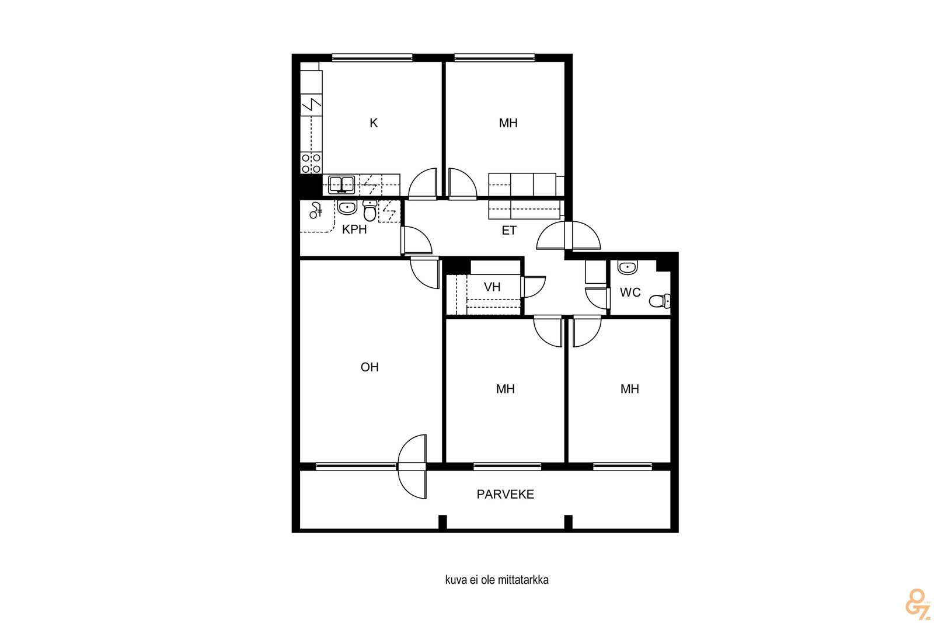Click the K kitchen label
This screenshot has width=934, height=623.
point(374,123)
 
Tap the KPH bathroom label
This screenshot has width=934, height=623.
point(354,229)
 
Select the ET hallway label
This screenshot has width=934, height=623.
point(509,231)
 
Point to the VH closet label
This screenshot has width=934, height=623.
point(492,287)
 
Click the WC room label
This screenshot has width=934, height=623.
point(630,293)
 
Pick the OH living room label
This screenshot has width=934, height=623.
point(370,367)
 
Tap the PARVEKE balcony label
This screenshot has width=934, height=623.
point(506,494)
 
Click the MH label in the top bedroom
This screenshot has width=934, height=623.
point(508,123)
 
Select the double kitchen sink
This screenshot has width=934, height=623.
point(341,185)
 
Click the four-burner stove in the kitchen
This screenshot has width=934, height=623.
point(311,163)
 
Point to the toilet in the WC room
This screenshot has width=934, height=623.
point(660,300)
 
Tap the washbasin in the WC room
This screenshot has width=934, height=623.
point(627,267)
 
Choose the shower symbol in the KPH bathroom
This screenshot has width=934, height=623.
point(316,211)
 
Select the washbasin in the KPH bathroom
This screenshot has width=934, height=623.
point(347,207)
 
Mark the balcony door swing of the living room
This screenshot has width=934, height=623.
point(412,467)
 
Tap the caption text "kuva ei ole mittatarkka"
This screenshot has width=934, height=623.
point(497,580)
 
